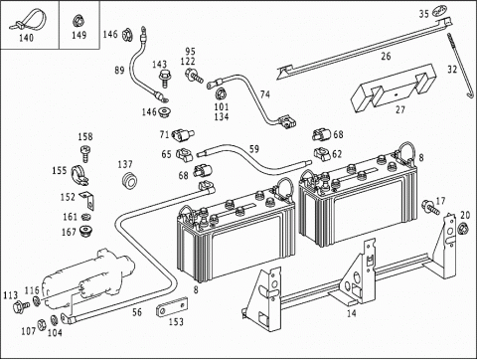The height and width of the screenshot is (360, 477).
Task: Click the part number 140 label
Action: click(x=26, y=38)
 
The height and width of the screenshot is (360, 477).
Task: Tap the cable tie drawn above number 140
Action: click(x=28, y=20)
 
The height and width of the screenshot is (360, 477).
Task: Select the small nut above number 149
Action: click(x=79, y=21)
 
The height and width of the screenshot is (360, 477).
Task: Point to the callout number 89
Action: click(x=119, y=71)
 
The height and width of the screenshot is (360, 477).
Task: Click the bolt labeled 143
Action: click(x=164, y=78)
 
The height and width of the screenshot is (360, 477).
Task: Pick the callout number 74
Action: click(x=265, y=94)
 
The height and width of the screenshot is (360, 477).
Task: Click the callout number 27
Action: click(x=400, y=109)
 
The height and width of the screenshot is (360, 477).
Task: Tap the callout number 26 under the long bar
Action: click(x=386, y=56)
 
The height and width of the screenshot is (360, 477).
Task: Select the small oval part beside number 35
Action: click(x=440, y=11)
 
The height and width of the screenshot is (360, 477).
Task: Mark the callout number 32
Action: click(x=452, y=70)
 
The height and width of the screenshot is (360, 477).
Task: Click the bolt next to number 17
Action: click(x=430, y=207)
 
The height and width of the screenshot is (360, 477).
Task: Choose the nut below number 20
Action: click(x=462, y=229)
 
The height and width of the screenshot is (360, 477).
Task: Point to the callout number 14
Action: click(x=352, y=313)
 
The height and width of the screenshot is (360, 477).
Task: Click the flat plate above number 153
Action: click(x=172, y=307)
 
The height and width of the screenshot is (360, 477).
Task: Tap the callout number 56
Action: click(x=137, y=312)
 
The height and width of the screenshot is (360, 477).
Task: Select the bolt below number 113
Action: click(x=21, y=306)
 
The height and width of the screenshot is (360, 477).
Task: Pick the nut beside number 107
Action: click(x=42, y=324)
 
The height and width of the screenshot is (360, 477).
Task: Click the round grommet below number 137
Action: click(x=128, y=181)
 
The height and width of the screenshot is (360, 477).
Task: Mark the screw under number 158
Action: click(x=85, y=152)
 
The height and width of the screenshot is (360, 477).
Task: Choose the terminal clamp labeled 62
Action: click(x=322, y=153)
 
